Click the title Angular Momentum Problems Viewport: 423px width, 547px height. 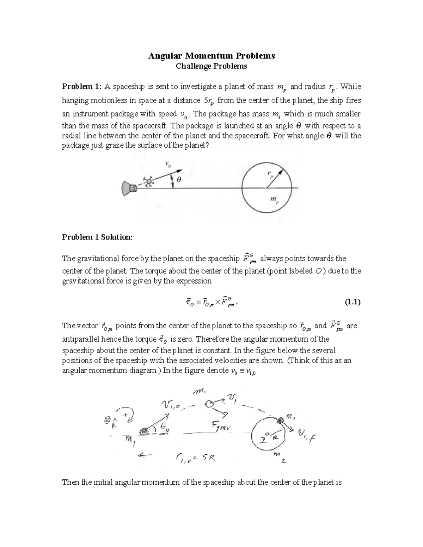[211, 56]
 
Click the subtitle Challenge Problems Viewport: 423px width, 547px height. [211, 66]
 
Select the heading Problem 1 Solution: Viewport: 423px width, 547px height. [97, 237]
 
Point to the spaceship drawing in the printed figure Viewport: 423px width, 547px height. [129, 188]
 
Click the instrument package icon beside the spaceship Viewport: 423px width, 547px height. [149, 182]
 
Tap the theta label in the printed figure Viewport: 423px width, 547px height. [179, 180]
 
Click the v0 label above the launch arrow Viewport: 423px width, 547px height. [168, 164]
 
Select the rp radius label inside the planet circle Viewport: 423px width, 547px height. [270, 174]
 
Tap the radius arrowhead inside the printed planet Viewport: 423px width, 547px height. [281, 172]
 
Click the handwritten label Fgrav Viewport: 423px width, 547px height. [221, 427]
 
